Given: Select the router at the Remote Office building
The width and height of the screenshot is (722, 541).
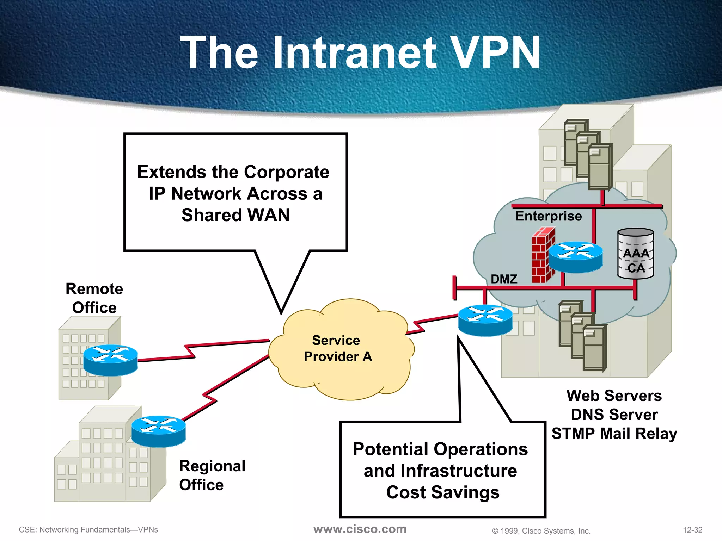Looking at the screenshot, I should point(110,360).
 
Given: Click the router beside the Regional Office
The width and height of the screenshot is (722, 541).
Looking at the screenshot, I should point(159,431).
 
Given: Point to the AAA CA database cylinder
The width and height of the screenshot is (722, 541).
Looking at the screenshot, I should point(636,254).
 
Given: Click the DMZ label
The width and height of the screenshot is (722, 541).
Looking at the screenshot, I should point(504,279).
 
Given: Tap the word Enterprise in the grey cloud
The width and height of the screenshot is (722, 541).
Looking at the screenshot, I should point(549,216).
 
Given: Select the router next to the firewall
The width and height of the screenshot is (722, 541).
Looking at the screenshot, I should point(575,257).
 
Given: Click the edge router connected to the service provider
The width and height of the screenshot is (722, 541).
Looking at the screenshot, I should point(485,320).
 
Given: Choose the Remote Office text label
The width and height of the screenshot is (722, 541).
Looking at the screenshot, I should point(94,298).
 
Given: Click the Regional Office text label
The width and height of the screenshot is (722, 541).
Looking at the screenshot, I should point(212,475).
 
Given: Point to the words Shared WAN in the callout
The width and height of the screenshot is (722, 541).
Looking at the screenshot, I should point(235,215).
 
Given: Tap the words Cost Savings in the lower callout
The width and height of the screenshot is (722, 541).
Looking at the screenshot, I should point(443,492).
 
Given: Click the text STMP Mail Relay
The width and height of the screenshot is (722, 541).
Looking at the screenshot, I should point(614,434).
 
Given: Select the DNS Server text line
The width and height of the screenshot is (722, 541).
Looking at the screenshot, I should point(614,415).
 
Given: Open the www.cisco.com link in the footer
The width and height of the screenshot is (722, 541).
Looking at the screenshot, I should point(360,529).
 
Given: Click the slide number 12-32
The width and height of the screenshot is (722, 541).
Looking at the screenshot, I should point(692,530).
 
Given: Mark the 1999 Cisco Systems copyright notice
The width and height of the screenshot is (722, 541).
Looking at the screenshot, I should point(541,531).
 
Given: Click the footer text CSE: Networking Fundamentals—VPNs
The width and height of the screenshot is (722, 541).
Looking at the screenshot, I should point(88,530).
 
